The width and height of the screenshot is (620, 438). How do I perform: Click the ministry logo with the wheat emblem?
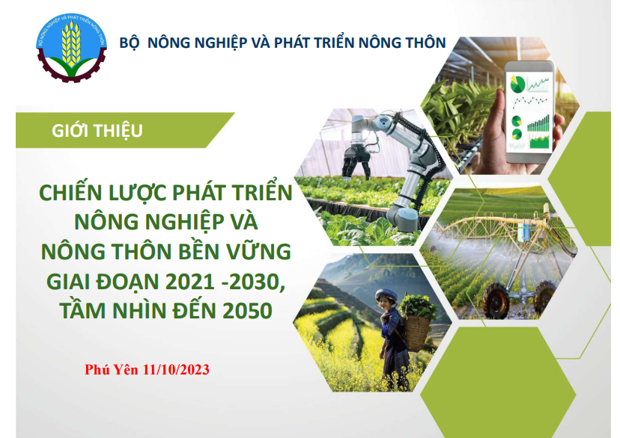[72, 48]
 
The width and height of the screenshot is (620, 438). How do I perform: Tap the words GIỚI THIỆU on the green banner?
[97, 131]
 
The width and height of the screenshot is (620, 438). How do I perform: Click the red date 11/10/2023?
[176, 369]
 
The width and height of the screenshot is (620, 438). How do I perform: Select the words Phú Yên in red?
[111, 369]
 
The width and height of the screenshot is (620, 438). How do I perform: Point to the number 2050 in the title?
[248, 310]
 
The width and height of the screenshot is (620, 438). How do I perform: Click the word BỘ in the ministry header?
[130, 43]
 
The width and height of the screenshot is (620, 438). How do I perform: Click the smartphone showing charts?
[529, 111]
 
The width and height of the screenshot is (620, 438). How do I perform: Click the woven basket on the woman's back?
[416, 333]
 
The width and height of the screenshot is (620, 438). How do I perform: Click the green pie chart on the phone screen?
[517, 84]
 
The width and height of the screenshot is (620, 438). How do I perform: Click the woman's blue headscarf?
[386, 294]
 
